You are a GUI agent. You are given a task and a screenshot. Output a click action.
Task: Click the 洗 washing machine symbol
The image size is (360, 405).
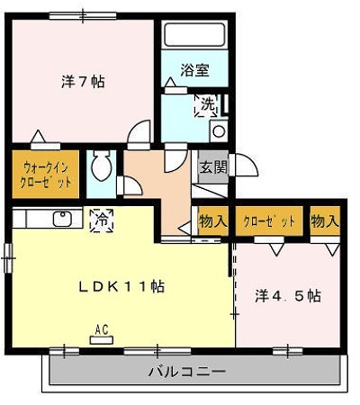coord(207,104)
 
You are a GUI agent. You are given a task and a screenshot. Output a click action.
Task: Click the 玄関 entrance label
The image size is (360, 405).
coord(213,166)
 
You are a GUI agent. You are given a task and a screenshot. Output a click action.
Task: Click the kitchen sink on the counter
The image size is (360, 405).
coord(62,218)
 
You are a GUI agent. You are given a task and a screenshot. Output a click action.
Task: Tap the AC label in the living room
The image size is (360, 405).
coord(101,331)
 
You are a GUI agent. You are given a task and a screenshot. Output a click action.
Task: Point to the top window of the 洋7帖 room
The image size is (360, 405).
coord(86,14)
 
